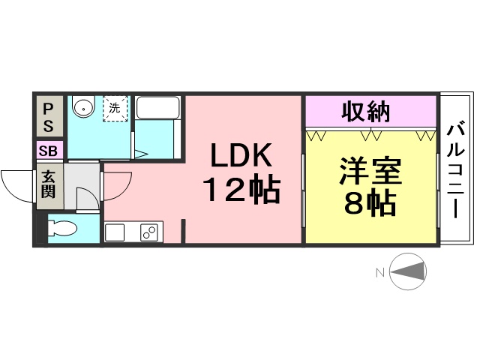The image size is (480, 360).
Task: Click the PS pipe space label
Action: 48,118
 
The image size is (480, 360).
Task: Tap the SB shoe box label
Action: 48,151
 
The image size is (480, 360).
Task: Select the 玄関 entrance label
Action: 48,184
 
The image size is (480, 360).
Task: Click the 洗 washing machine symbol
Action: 115,109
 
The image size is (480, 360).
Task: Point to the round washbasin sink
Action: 83,107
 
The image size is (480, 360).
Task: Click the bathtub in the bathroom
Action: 157,108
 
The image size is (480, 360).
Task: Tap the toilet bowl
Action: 61,228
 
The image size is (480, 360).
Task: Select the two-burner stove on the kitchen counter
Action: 149,232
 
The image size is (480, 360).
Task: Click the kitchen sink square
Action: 115,233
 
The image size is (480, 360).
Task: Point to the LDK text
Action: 241,155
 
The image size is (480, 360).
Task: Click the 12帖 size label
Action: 241,190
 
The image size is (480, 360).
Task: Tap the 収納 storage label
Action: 365,112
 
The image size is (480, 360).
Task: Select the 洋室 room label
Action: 370,171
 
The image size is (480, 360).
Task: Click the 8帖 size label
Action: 370,202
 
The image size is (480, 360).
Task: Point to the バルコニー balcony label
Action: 456,170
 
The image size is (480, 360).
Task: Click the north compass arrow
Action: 408,271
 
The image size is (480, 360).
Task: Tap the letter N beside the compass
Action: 380,272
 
